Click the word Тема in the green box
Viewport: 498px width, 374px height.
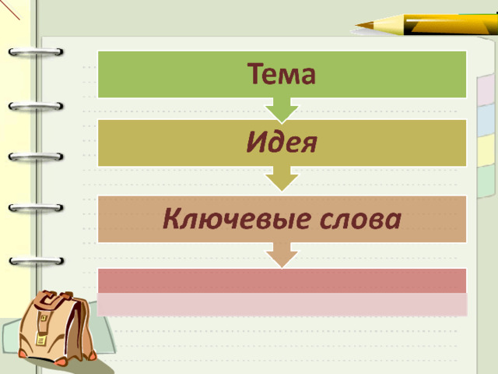[x=282, y=74]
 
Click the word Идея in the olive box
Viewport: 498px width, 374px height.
[x=282, y=142]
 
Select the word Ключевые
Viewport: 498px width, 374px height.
[x=236, y=219]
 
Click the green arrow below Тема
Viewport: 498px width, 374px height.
[x=282, y=110]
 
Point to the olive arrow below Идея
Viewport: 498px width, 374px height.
[x=282, y=178]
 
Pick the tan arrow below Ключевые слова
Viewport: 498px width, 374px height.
[x=282, y=255]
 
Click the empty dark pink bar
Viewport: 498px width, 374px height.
[x=282, y=280]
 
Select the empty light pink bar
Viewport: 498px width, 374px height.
[x=282, y=305]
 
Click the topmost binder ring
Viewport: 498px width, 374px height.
[x=36, y=51]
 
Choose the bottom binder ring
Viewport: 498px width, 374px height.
[x=37, y=261]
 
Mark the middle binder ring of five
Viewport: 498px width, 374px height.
[x=36, y=157]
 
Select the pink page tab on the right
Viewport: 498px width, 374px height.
[x=486, y=90]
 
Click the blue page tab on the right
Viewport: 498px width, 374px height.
[x=486, y=120]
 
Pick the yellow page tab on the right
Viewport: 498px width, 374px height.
[x=486, y=150]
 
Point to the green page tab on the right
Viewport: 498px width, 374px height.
[x=486, y=182]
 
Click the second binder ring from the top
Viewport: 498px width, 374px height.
[x=36, y=106]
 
